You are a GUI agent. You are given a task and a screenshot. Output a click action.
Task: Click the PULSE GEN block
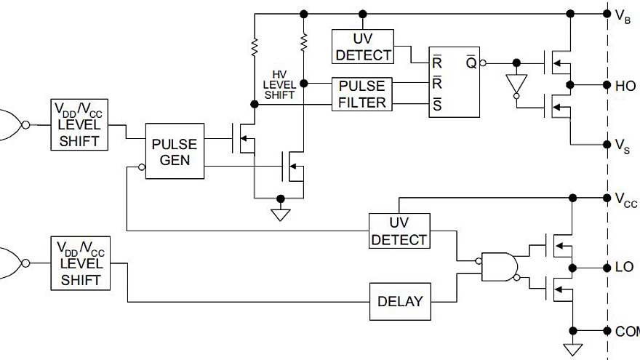coord(175,151)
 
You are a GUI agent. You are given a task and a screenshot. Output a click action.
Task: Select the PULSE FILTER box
coord(362,94)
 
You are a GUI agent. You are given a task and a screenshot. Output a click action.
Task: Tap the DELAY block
coord(400,301)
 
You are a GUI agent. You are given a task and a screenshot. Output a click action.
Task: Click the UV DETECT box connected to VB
coord(363,46)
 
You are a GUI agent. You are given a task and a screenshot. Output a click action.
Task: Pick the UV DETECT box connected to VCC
coord(399,231)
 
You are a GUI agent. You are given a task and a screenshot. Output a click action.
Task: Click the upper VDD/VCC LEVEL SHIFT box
coord(80,124)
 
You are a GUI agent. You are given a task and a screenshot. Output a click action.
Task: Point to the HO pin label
coord(624,85)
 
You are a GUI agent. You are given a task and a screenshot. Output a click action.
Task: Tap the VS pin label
coord(623,146)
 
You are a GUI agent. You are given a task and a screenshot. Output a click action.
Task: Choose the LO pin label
coord(623,268)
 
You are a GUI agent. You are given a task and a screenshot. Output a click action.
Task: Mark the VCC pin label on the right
coord(625,200)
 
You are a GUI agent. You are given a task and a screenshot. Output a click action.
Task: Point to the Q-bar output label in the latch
coord(471,63)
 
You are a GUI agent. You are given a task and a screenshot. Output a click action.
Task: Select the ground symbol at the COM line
coord(572,348)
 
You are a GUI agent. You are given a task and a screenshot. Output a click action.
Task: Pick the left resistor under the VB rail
coord(255,47)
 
